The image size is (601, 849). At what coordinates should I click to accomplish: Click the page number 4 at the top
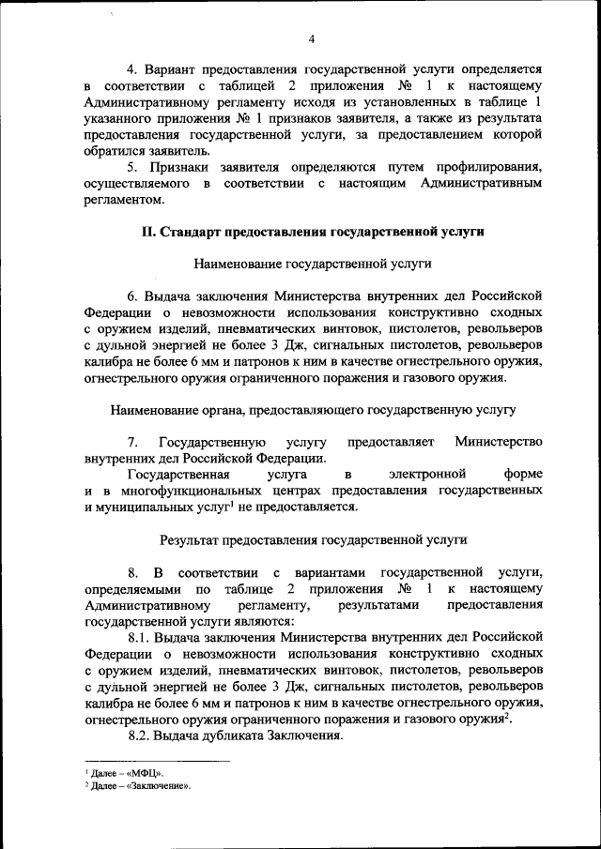click(x=311, y=38)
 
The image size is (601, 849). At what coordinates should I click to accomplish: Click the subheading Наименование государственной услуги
click(x=311, y=265)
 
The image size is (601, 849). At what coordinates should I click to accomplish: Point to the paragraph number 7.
click(x=132, y=442)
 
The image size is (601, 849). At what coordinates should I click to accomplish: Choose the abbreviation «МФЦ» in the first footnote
click(x=154, y=772)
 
